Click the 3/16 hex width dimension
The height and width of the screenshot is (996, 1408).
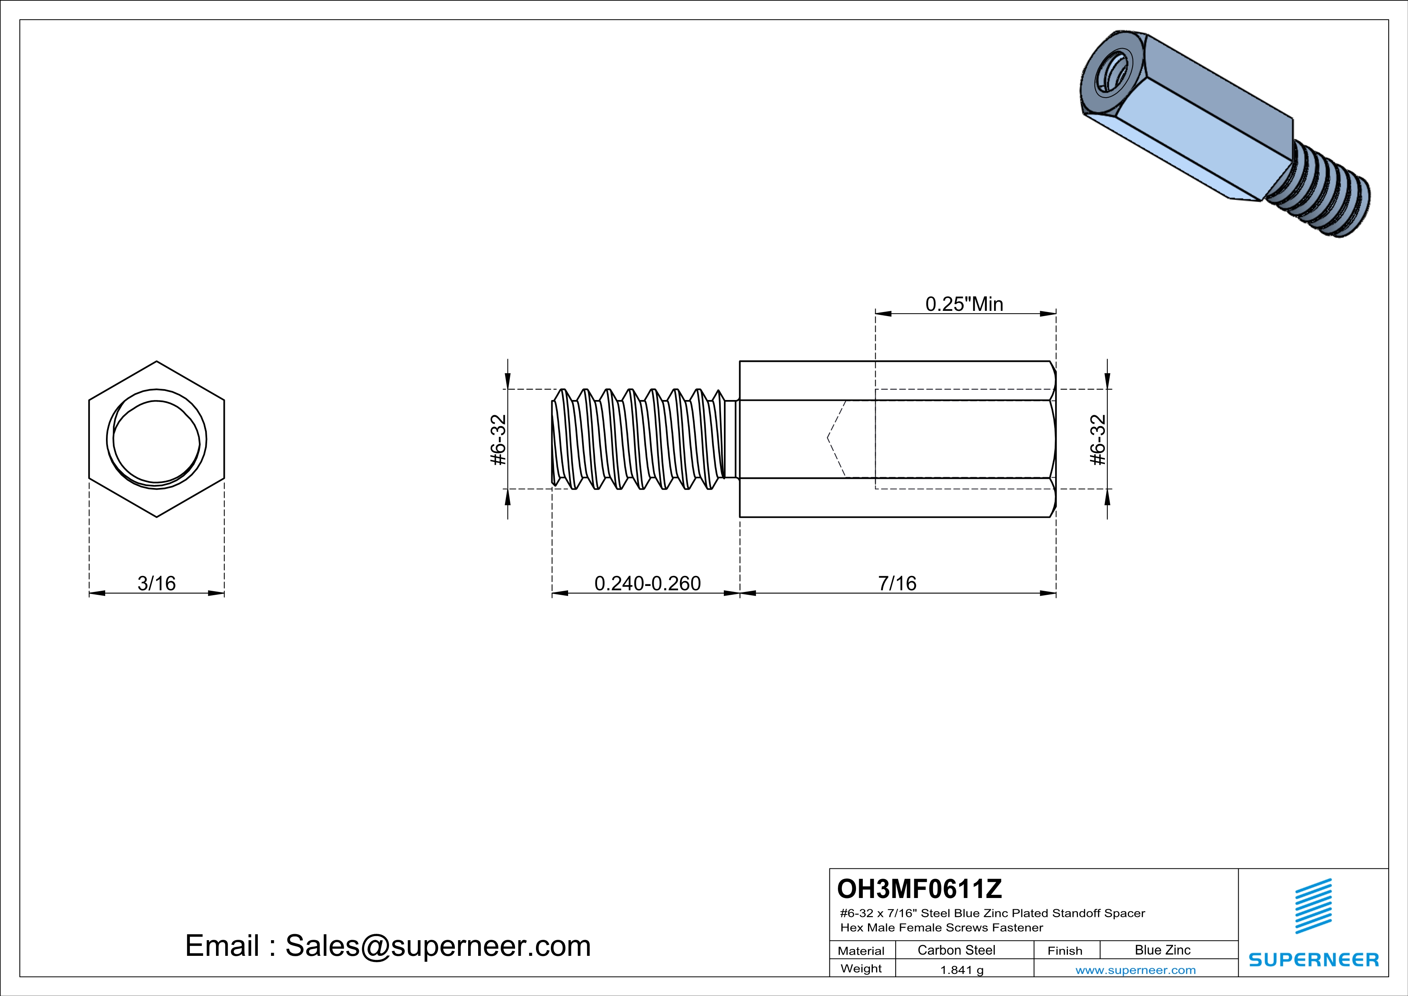coord(156,583)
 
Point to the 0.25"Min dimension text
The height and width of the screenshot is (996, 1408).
coord(964,304)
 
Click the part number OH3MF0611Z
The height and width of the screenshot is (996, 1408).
coord(919,888)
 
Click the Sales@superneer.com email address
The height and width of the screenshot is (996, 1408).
coord(438,946)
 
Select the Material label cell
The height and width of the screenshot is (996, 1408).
coord(861,951)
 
